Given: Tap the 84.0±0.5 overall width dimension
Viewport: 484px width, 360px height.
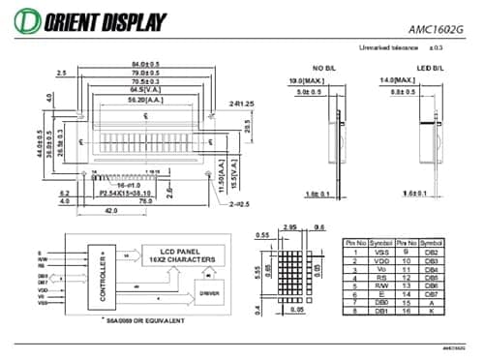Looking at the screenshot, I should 145,64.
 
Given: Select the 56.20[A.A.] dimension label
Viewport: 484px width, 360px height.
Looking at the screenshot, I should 144,99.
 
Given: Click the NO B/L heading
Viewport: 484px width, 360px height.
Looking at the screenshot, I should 321,67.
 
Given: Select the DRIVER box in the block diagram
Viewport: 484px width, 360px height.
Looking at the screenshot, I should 209,291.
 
